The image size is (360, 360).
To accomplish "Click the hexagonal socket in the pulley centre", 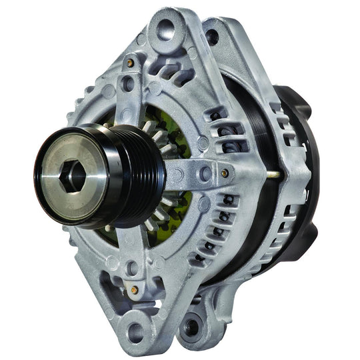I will [73, 175].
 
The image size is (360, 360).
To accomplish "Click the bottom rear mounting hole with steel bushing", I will [193, 327].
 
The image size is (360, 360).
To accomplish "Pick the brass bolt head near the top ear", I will [131, 63].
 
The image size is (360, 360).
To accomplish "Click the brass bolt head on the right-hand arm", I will [224, 173].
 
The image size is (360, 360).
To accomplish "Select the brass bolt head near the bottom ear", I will [135, 290].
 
